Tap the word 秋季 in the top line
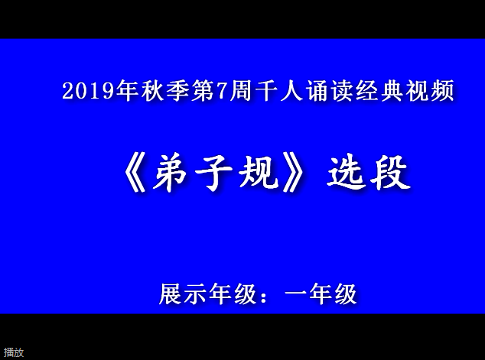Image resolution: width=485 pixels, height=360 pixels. tap(165, 90)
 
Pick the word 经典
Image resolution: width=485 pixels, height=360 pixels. tap(380, 90)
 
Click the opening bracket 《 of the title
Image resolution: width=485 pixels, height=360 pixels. tap(135, 174)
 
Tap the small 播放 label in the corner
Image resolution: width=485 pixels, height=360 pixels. tap(14, 352)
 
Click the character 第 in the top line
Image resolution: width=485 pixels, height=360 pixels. tap(203, 90)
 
